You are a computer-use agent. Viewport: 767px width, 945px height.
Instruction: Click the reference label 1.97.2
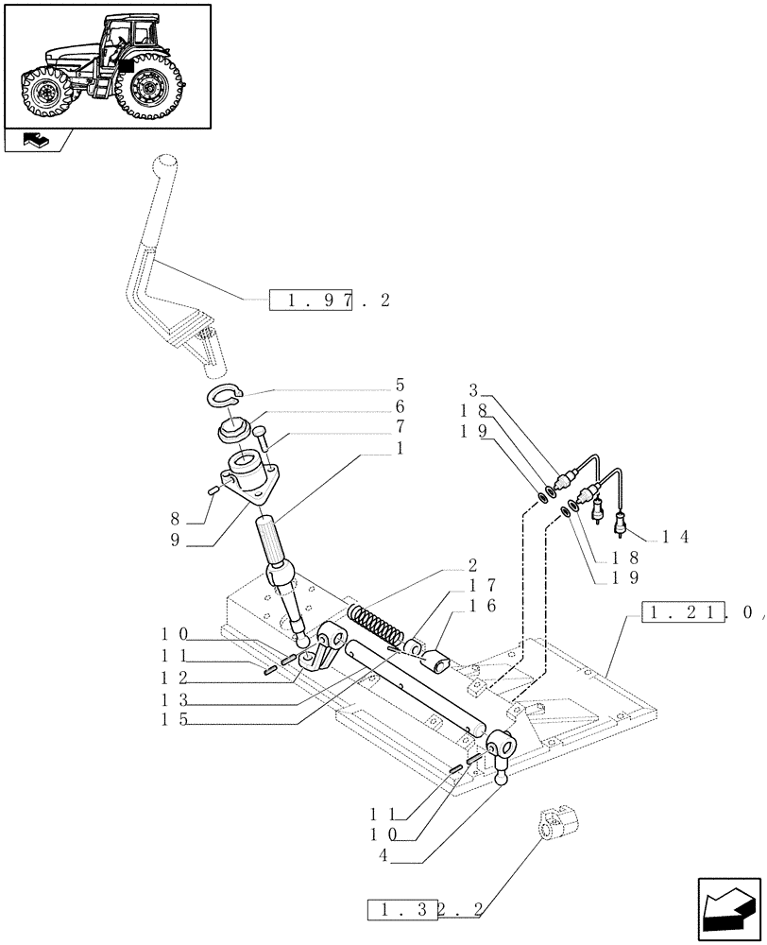330,301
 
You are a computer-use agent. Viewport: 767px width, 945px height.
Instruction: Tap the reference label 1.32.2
424,911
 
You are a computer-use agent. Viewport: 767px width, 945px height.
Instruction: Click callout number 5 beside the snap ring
400,386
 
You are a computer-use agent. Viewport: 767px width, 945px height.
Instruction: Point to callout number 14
675,537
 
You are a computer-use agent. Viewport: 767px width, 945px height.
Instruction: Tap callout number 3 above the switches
474,389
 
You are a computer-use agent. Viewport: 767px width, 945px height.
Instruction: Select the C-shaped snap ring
225,398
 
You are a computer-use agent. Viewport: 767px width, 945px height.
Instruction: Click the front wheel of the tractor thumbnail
43,94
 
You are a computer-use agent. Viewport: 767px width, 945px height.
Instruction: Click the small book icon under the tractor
33,142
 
